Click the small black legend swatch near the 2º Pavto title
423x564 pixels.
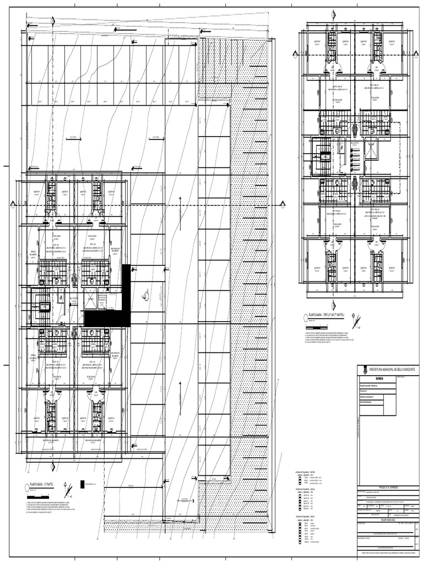[83, 485]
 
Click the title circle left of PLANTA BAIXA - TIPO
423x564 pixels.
[306, 316]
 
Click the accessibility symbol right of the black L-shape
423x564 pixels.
[146, 295]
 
